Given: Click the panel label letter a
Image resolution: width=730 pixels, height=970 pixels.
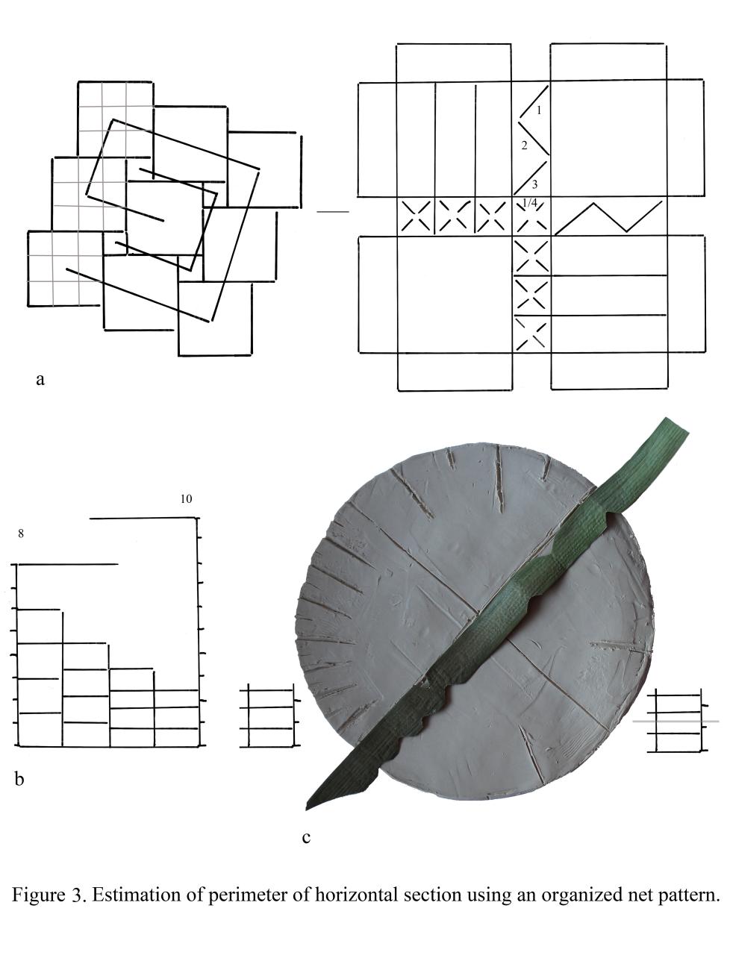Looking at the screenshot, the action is tap(40, 380).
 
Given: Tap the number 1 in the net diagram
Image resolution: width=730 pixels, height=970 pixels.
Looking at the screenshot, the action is tap(539, 110).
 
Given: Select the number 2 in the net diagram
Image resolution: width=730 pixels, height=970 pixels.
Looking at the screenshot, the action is tap(525, 145).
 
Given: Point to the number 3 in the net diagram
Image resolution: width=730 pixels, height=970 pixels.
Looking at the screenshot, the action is tap(535, 184).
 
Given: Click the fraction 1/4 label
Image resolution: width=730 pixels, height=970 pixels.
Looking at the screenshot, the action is tap(530, 203).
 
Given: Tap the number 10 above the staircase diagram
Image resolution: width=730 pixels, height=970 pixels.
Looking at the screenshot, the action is tap(187, 499).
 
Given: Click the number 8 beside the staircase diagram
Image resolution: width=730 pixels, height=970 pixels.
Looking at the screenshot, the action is tap(21, 533).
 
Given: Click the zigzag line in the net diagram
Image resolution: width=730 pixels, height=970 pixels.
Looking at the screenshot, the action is tap(609, 217).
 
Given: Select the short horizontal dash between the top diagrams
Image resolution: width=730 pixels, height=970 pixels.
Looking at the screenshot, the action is tap(333, 212).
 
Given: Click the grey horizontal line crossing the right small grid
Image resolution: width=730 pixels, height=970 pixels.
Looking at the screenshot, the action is tap(676, 722).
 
